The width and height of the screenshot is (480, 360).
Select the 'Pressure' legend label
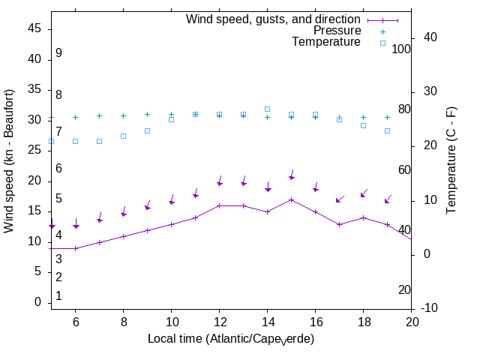(x=337, y=31)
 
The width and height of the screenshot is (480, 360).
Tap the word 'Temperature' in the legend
(x=326, y=42)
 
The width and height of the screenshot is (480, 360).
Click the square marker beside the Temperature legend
(x=382, y=43)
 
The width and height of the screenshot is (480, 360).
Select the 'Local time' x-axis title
(x=231, y=339)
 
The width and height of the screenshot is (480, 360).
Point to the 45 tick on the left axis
(x=34, y=28)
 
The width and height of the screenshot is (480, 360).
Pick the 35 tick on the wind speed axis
(x=34, y=89)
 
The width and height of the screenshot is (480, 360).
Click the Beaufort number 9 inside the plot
(x=58, y=53)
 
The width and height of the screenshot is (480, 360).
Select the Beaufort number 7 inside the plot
(x=58, y=132)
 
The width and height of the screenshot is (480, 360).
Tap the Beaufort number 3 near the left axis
(x=58, y=259)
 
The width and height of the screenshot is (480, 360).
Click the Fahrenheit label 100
(x=402, y=49)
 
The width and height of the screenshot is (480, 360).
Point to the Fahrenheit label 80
(x=404, y=109)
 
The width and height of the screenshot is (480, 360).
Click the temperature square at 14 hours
(x=267, y=109)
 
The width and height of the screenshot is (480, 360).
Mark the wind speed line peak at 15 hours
(x=291, y=199)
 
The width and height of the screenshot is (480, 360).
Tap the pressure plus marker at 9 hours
(x=147, y=115)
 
